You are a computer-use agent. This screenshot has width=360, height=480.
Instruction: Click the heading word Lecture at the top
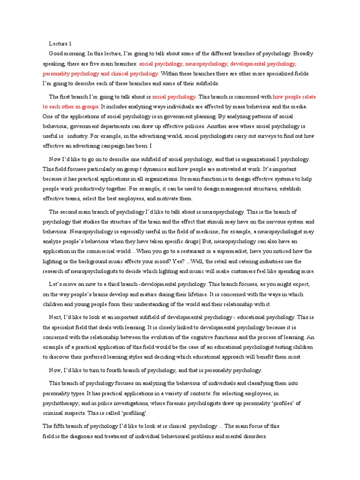[x=59, y=44]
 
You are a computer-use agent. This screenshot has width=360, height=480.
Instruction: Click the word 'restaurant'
[x=206, y=251]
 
